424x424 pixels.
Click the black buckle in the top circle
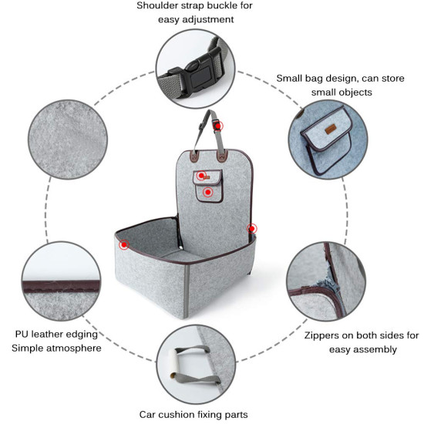[197, 72]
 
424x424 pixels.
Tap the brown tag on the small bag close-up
[330, 130]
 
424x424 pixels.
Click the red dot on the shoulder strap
[217, 126]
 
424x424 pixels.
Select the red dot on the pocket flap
[201, 176]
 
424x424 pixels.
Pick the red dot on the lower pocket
[207, 192]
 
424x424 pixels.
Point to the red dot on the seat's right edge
[252, 229]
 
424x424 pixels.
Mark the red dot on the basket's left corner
[124, 244]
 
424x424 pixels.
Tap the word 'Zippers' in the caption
[321, 335]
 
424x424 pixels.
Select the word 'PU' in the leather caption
[22, 335]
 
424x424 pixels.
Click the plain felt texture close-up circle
[68, 140]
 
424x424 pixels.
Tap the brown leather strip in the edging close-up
[62, 287]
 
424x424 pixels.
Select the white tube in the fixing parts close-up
[173, 363]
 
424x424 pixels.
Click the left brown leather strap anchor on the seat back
[194, 156]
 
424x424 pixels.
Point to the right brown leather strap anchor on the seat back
[222, 156]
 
